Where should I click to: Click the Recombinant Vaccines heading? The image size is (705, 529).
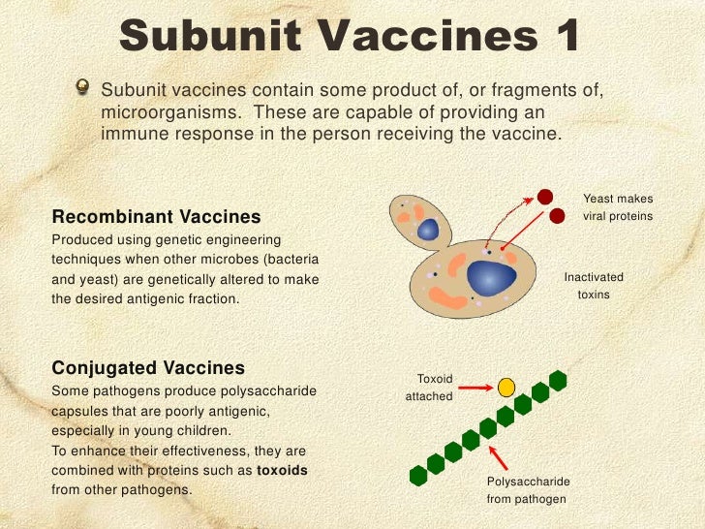click(x=155, y=215)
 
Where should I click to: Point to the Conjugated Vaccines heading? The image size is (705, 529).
click(x=147, y=368)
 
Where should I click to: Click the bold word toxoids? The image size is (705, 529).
click(x=282, y=470)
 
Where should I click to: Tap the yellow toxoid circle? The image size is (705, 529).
click(x=506, y=388)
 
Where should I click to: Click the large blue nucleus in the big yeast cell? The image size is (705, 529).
click(x=490, y=278)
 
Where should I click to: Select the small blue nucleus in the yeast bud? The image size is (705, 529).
click(x=428, y=230)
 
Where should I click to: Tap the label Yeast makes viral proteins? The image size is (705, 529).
click(x=618, y=206)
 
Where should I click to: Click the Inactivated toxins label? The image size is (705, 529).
click(x=594, y=286)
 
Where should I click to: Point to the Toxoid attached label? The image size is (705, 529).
click(x=429, y=388)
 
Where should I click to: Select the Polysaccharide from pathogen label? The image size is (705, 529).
click(x=528, y=490)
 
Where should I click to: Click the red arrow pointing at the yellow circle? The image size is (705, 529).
click(x=475, y=388)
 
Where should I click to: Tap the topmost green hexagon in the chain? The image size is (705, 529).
click(x=557, y=379)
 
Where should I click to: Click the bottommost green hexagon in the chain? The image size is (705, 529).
click(x=418, y=475)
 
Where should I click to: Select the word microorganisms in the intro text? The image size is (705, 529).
click(x=161, y=112)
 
